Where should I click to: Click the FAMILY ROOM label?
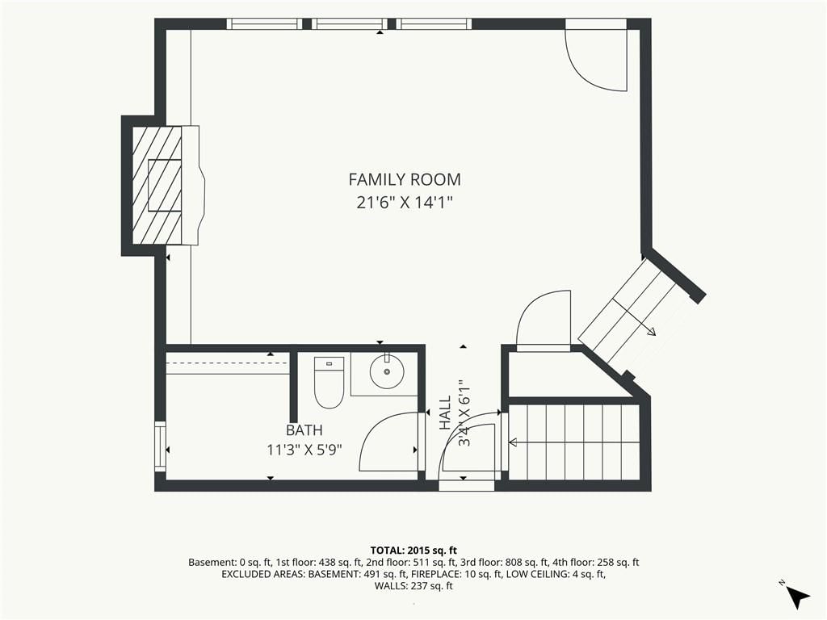point(405,180)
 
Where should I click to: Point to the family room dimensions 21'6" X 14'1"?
point(405,203)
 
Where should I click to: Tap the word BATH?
point(304,430)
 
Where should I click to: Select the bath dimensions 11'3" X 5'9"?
point(304,450)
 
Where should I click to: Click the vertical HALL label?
point(446,413)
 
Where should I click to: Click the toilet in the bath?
point(329,382)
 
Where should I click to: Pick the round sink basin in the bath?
point(387,371)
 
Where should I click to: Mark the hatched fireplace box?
point(157,185)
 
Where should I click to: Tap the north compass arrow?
point(798,597)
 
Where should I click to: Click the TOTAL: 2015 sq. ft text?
point(413,551)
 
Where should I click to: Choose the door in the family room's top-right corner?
point(596,55)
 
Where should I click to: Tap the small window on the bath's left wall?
point(160,446)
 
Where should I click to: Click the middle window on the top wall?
point(348,23)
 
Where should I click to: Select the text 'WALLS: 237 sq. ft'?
point(413,586)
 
